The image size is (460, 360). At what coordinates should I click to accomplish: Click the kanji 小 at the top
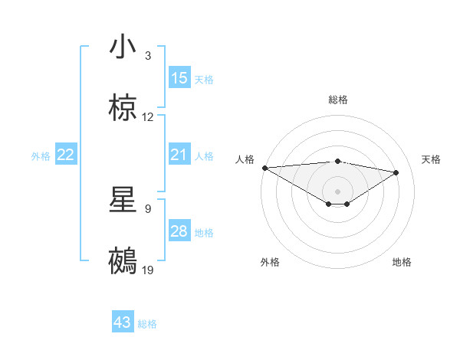[123, 47]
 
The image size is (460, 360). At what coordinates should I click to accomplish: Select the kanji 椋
[123, 108]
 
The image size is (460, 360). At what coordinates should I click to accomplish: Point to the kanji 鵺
[123, 260]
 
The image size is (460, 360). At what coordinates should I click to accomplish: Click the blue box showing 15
[179, 78]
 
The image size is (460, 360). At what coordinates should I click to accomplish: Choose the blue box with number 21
[179, 155]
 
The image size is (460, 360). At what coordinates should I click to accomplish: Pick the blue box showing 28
[179, 232]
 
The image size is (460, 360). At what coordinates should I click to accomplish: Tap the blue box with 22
[66, 155]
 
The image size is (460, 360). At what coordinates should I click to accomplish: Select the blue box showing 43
[123, 323]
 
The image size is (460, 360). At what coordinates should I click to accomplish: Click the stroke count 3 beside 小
[148, 56]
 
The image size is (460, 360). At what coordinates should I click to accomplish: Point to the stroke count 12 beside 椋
[148, 117]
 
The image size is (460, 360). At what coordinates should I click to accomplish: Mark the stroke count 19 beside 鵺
[148, 270]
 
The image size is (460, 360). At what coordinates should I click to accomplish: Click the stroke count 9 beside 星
[148, 208]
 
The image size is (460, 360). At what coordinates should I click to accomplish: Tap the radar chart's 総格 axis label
[338, 100]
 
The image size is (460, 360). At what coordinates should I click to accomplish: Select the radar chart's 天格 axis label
[432, 159]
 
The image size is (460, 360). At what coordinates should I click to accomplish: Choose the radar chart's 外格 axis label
[270, 262]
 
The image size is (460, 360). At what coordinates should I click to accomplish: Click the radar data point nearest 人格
[264, 168]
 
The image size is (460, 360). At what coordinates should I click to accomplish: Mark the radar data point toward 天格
[396, 172]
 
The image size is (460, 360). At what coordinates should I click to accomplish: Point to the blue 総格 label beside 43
[147, 324]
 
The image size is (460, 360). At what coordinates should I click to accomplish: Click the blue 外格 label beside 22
[41, 156]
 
